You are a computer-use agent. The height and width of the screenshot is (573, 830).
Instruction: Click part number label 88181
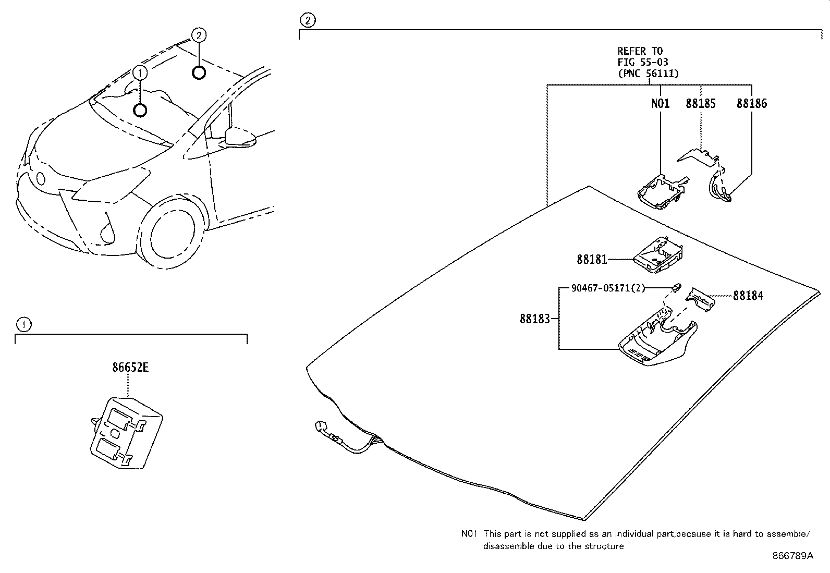point(591,259)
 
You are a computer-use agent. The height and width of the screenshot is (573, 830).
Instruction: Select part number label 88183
point(534,319)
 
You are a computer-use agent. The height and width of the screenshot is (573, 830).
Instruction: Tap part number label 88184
point(748,296)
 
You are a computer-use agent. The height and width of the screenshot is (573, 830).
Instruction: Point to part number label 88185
point(700,103)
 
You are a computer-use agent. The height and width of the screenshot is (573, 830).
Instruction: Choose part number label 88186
point(751,103)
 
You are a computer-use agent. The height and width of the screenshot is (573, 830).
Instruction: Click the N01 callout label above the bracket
point(660,103)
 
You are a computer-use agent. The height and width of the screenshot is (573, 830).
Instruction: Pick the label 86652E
point(130,368)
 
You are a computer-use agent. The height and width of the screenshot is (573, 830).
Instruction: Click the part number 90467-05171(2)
point(608,287)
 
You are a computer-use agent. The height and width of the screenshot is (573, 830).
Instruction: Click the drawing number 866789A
point(792,555)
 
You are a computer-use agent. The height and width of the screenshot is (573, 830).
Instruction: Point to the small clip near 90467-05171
point(676,286)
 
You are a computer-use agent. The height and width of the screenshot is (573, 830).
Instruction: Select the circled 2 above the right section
point(308,20)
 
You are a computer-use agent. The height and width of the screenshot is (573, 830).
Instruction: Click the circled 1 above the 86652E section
point(23,325)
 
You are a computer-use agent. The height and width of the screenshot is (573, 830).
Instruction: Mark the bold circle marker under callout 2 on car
point(199,72)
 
